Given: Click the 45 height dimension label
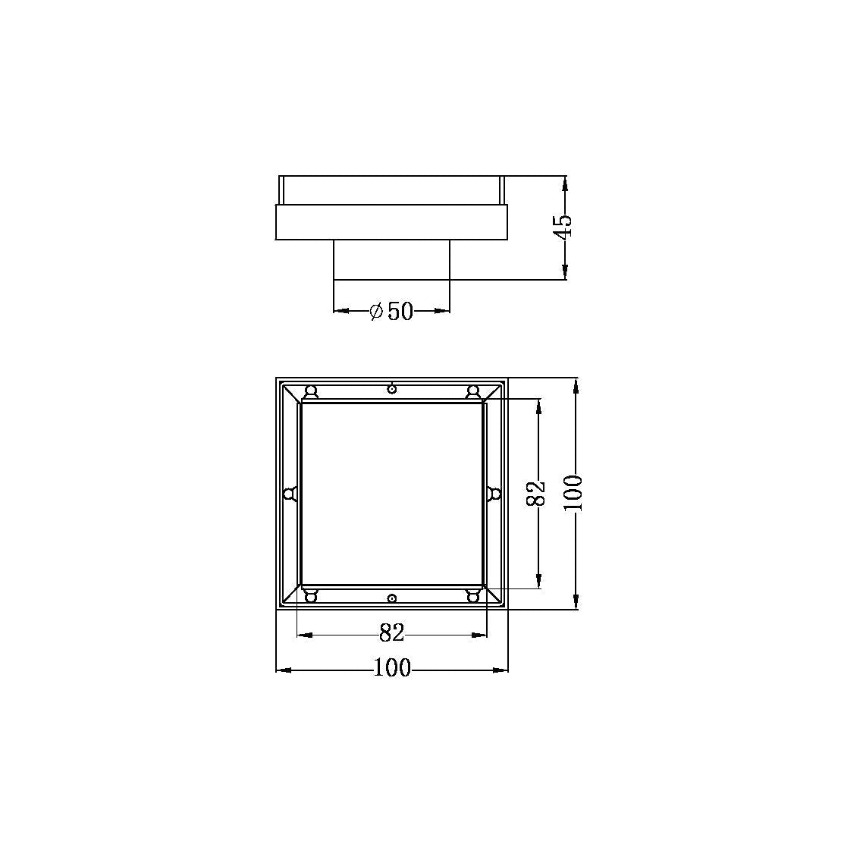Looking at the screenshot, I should click(x=563, y=225).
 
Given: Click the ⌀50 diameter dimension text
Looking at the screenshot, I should click(x=391, y=311).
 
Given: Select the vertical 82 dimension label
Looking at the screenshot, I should click(x=536, y=494).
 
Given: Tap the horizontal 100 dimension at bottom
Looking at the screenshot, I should click(x=392, y=668).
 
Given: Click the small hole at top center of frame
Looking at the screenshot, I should click(x=391, y=388).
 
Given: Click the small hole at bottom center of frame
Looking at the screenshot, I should click(x=391, y=598).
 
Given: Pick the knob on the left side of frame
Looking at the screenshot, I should click(x=289, y=494).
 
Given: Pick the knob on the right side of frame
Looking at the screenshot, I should click(x=494, y=494).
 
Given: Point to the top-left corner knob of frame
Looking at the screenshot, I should click(x=310, y=391).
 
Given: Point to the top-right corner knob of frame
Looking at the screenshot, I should click(x=473, y=391).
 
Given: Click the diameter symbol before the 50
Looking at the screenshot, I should click(x=376, y=311).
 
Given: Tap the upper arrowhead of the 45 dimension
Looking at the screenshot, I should click(x=565, y=183).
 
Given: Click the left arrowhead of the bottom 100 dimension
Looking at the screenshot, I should click(x=281, y=670).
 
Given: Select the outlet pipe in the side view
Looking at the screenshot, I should click(x=391, y=259).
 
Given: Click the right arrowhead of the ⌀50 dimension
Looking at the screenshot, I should click(x=444, y=311).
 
